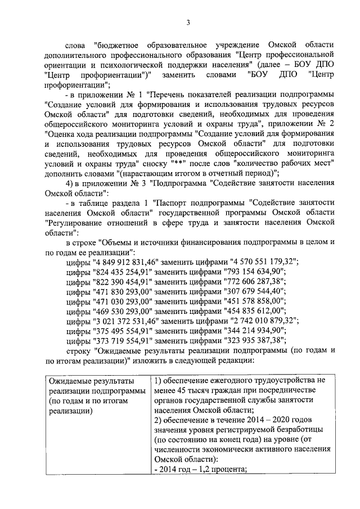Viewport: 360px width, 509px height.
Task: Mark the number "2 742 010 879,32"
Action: [x=264, y=322]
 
